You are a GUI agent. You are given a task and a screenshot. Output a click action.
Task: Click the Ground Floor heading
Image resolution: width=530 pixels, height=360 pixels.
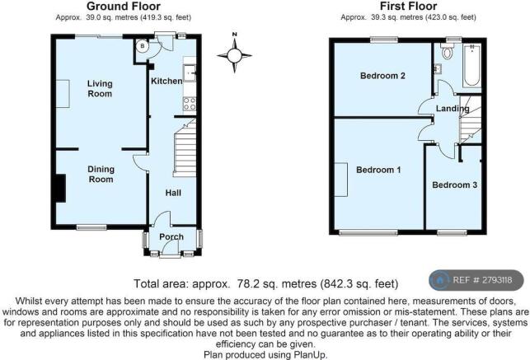pyautogui.click(x=124, y=6)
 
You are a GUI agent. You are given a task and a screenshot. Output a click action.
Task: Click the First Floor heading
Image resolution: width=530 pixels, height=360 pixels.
pyautogui.click(x=408, y=6)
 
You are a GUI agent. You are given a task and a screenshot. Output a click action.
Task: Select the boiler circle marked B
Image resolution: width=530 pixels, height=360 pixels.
pyautogui.click(x=143, y=46)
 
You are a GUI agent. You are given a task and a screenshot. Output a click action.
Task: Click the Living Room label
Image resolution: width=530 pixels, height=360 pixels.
pyautogui.click(x=100, y=88)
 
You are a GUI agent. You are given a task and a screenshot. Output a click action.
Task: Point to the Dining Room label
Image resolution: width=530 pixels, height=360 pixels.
pyautogui.click(x=101, y=175)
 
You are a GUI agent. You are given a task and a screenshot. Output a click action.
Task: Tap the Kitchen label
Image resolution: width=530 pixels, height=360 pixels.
pyautogui.click(x=167, y=81)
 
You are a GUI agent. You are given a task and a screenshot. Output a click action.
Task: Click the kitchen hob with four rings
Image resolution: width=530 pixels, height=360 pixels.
pyautogui.click(x=190, y=104)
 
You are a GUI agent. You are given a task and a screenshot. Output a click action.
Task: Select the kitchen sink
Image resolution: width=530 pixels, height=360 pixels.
pyautogui.click(x=190, y=73)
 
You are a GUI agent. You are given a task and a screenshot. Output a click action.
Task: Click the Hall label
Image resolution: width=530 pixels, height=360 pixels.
pyautogui.click(x=173, y=193)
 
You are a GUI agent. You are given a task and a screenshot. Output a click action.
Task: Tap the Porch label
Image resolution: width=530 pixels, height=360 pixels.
pyautogui.click(x=171, y=236)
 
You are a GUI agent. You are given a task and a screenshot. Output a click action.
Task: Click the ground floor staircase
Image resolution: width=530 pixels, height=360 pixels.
pyautogui.click(x=185, y=147)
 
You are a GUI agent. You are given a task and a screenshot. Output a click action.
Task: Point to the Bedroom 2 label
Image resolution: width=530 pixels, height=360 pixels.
pyautogui.click(x=382, y=76)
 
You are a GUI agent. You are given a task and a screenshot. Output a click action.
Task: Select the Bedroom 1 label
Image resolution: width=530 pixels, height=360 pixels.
pyautogui.click(x=378, y=170)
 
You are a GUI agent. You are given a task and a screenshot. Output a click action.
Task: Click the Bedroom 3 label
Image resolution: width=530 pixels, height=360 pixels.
pyautogui.click(x=455, y=185)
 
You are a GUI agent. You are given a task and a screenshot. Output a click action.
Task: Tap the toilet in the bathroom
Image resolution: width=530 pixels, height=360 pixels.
pyautogui.click(x=448, y=51)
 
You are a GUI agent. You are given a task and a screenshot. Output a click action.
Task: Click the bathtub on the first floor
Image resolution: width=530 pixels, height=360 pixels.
pyautogui.click(x=472, y=65)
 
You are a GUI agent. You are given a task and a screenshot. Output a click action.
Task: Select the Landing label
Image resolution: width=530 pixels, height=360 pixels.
pyautogui.click(x=453, y=109)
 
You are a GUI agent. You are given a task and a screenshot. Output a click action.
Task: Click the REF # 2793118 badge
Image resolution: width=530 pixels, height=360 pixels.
pyautogui.click(x=476, y=280)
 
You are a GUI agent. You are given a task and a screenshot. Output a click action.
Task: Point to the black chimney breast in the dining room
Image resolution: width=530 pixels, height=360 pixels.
pyautogui.click(x=60, y=188)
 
